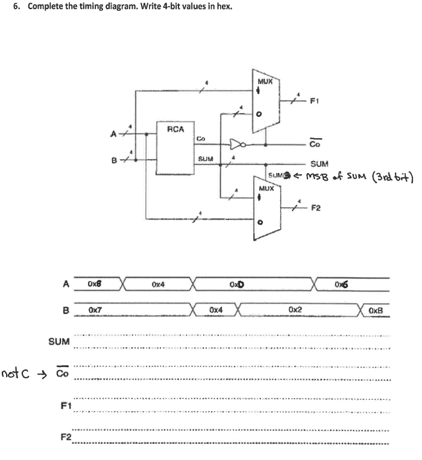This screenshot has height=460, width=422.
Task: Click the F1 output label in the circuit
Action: pos(314,101)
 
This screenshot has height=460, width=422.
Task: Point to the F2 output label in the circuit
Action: pos(316,208)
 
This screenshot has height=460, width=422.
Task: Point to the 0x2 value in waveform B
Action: pos(295,310)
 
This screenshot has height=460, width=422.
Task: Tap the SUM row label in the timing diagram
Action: pos(58,342)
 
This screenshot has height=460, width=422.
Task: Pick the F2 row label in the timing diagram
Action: pos(66,436)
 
